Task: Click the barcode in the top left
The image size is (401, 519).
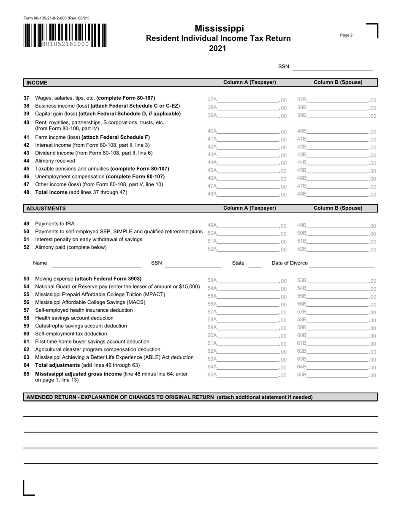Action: (65, 35)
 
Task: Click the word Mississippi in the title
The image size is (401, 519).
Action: (219, 29)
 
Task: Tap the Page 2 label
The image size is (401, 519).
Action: (346, 35)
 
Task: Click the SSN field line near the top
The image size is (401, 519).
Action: (332, 68)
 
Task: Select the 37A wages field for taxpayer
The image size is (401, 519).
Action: (248, 100)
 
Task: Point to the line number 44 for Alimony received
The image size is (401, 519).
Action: (26, 161)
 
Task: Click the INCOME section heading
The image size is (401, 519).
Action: (37, 83)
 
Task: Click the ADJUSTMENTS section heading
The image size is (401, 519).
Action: (46, 208)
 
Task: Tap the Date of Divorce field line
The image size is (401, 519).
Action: (342, 264)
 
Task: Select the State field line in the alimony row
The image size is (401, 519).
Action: (255, 265)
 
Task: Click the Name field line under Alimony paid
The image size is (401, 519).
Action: (96, 265)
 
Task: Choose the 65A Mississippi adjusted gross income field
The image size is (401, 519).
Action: (248, 374)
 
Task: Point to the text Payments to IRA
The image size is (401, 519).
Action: (55, 224)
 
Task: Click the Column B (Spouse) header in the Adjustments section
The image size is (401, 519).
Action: (338, 208)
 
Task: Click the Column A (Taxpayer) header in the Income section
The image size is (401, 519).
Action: (249, 82)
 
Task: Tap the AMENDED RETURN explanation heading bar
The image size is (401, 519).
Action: (200, 397)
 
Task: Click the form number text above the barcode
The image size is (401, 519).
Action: (56, 18)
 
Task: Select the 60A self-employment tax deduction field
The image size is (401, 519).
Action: (248, 335)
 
